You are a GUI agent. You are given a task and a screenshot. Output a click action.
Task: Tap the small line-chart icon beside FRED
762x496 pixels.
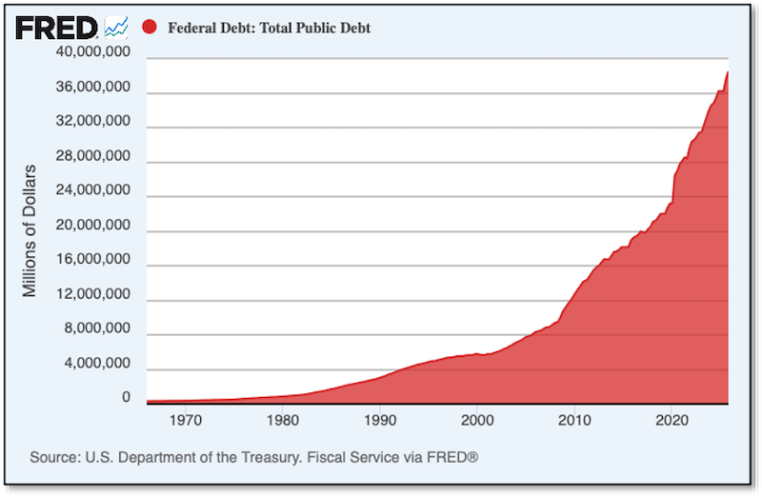(x=116, y=27)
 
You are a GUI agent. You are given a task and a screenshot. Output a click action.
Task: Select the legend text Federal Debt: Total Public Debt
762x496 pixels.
(x=269, y=29)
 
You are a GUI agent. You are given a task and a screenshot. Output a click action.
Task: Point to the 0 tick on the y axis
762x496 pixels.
(x=126, y=398)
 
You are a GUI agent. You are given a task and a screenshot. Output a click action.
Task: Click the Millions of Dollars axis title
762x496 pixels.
(x=30, y=230)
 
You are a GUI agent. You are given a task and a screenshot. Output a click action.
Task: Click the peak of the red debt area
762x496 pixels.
(x=729, y=71)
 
